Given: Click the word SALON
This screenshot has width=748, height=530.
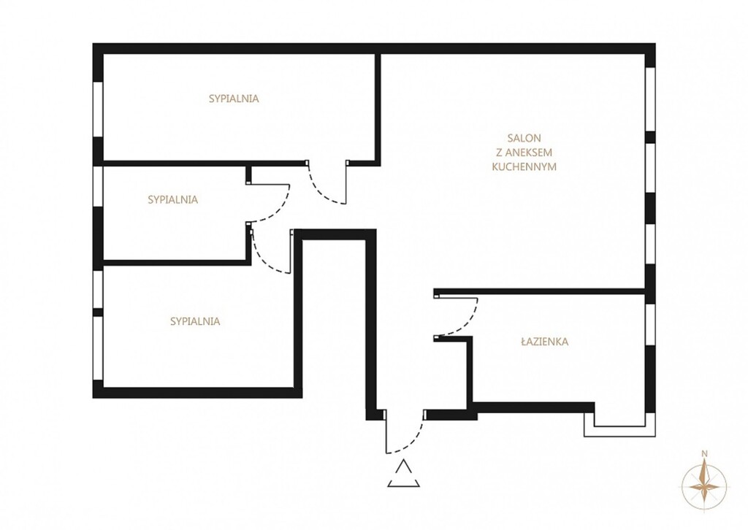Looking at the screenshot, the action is point(524,138).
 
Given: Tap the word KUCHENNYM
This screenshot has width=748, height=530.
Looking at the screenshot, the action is point(524,167).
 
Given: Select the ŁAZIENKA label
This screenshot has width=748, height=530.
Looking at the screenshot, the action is point(544,342).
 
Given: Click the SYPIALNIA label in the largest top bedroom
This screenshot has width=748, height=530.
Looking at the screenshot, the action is point(234,99).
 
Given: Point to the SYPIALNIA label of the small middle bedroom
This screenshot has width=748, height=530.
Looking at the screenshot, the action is point(172,200).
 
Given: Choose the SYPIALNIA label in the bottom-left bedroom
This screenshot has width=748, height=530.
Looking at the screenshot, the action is point(195,322).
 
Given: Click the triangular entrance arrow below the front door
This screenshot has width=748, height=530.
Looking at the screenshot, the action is point(403,474).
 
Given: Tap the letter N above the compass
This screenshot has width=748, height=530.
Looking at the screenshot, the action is point(704,454).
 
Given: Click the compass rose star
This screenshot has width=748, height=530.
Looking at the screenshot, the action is point(704,487).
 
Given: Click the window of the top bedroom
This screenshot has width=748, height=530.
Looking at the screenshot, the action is point(98,110).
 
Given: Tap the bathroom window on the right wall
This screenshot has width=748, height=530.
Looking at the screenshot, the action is point(649,325).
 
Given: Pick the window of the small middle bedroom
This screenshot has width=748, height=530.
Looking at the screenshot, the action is point(98,186).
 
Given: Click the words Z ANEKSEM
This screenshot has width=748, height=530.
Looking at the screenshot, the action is point(524,153).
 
